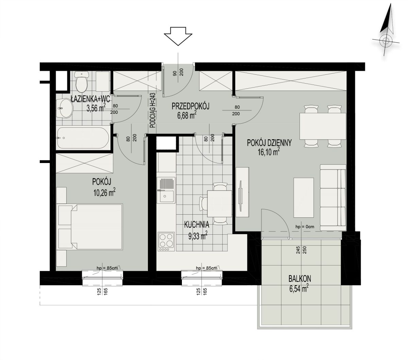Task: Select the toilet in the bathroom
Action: (81, 81)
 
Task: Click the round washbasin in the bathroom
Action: (65, 108)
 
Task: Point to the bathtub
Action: (83, 138)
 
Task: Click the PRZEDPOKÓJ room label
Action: (190, 106)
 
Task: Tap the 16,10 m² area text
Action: (269, 152)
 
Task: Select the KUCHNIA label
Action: (197, 225)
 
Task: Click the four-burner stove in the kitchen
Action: (166, 242)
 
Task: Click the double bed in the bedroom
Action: (90, 227)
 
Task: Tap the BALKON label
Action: (300, 279)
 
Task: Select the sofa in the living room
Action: (333, 197)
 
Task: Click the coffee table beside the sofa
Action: (304, 197)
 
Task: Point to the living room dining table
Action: (323, 126)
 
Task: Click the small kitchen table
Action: (220, 204)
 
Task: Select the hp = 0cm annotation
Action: (305, 227)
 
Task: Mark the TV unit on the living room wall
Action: (242, 192)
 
